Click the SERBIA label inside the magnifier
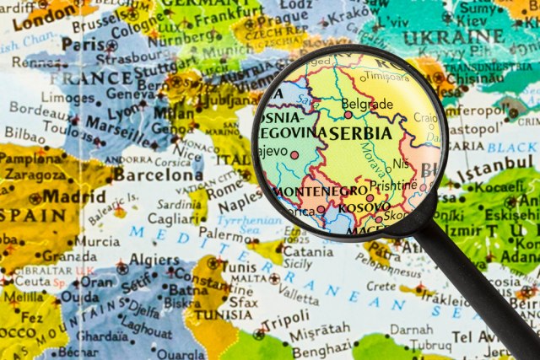click(x=360, y=133)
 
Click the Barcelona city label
click(x=159, y=175)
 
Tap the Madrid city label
click(x=74, y=196)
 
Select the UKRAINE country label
click(x=454, y=38)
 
